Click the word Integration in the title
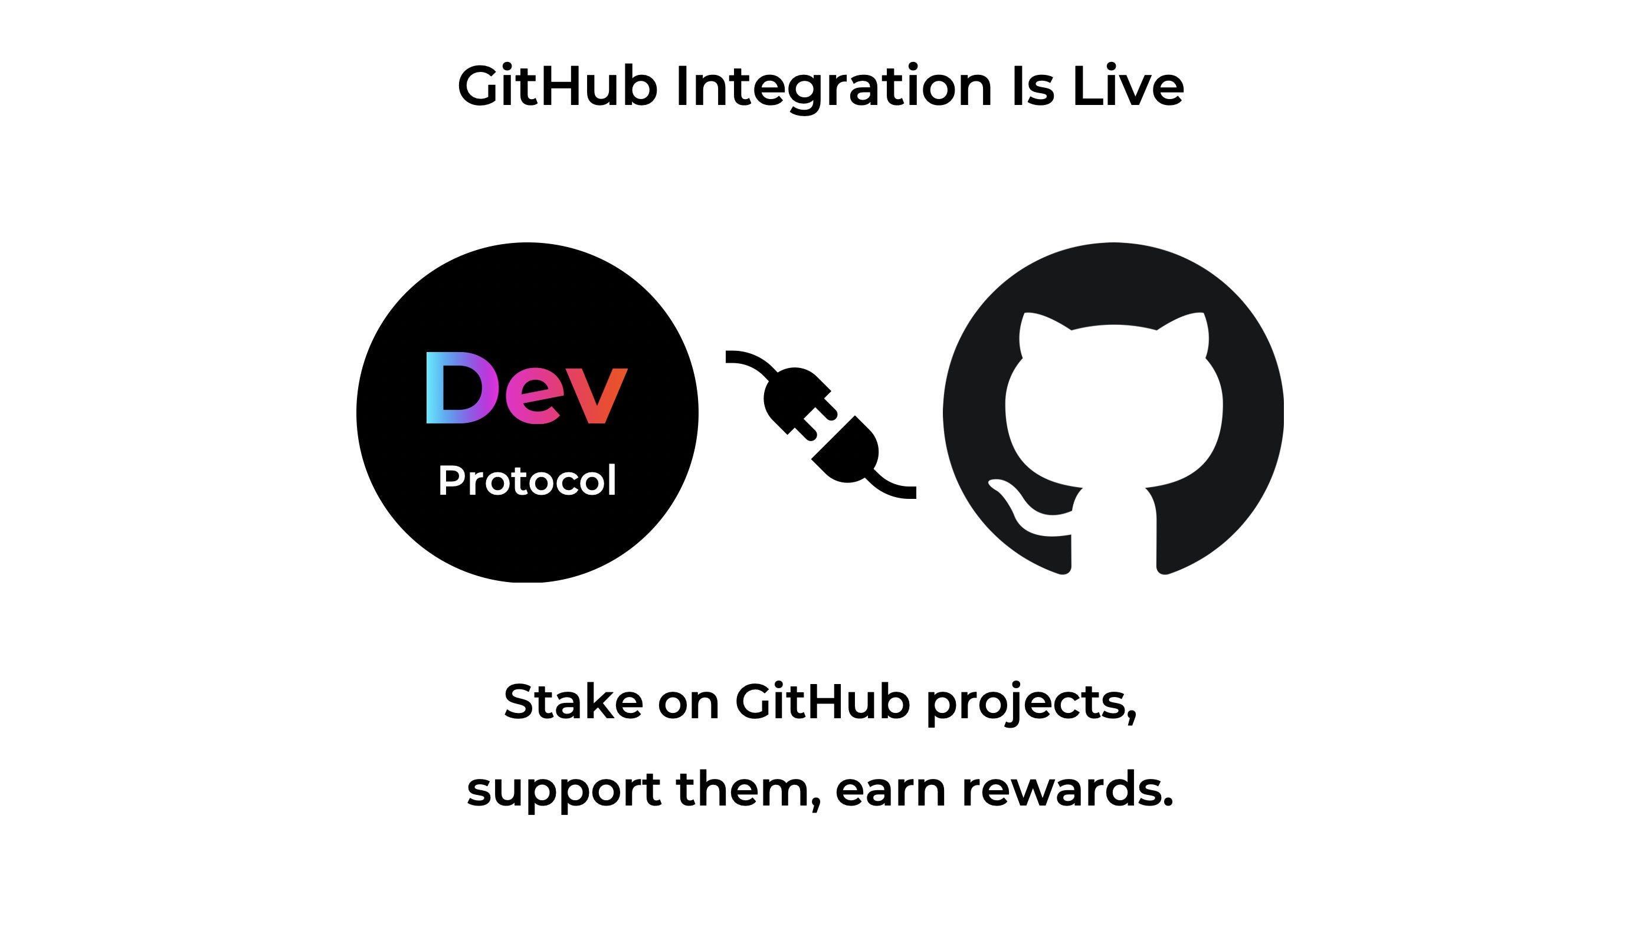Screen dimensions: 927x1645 click(x=833, y=86)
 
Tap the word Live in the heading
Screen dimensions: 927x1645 click(x=1127, y=86)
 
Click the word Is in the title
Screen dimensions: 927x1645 click(x=1032, y=86)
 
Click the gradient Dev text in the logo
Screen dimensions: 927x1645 click(x=527, y=388)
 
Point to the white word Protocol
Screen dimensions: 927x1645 click(x=527, y=481)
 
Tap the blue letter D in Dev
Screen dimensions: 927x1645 click(x=458, y=388)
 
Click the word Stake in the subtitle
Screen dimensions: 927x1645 click(x=573, y=702)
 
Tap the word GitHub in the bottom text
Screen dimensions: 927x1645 click(x=822, y=702)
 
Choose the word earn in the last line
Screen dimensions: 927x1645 click(x=890, y=790)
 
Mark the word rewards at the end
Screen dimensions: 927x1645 click(x=1066, y=790)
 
